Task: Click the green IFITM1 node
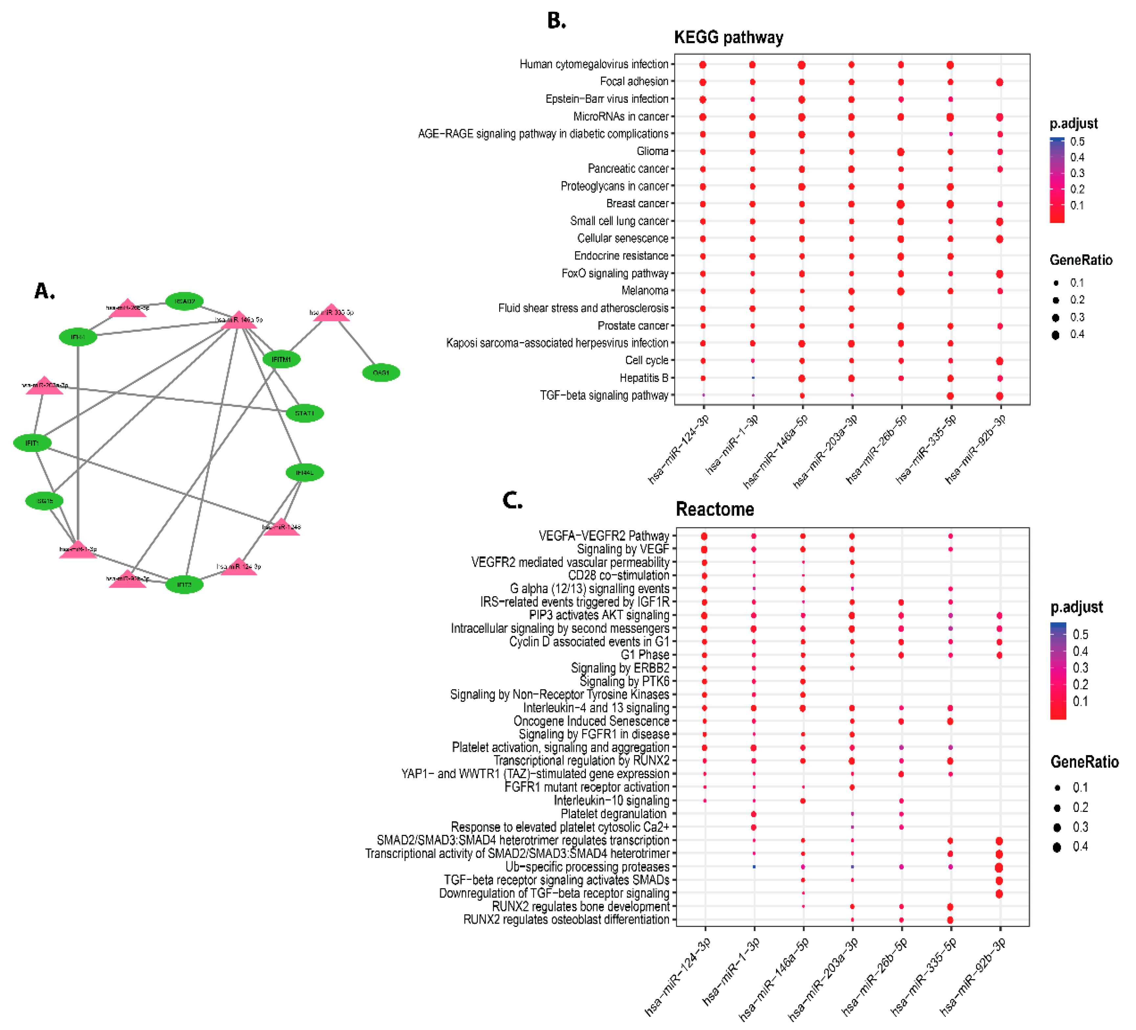(281, 359)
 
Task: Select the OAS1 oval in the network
(381, 372)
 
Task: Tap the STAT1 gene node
(304, 413)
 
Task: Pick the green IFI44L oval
(304, 472)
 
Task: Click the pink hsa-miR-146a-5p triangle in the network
(239, 321)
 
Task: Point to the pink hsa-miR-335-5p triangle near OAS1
(331, 313)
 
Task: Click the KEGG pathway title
(728, 37)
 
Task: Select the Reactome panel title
(715, 509)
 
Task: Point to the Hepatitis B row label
(643, 377)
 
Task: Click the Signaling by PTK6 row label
(624, 681)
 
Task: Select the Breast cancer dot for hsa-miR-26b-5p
(901, 204)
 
